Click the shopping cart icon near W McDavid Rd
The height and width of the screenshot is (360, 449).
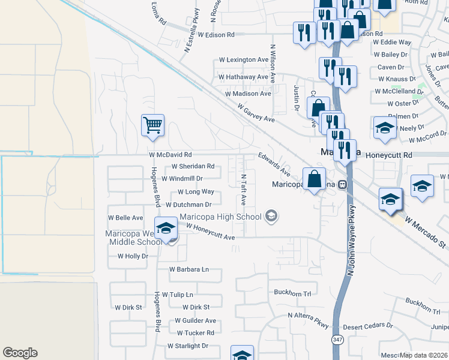(153, 125)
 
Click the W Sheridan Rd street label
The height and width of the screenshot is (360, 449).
(193, 166)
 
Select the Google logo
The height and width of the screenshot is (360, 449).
(20, 353)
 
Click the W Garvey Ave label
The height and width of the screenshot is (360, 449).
(256, 112)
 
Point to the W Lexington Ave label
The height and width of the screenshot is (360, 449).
(243, 60)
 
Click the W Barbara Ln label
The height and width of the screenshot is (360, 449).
(189, 269)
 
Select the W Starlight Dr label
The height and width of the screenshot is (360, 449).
(187, 346)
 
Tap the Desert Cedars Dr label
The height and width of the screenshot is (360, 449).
(372, 326)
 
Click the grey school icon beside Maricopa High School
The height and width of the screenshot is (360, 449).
(271, 216)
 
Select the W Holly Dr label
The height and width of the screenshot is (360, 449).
(132, 256)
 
